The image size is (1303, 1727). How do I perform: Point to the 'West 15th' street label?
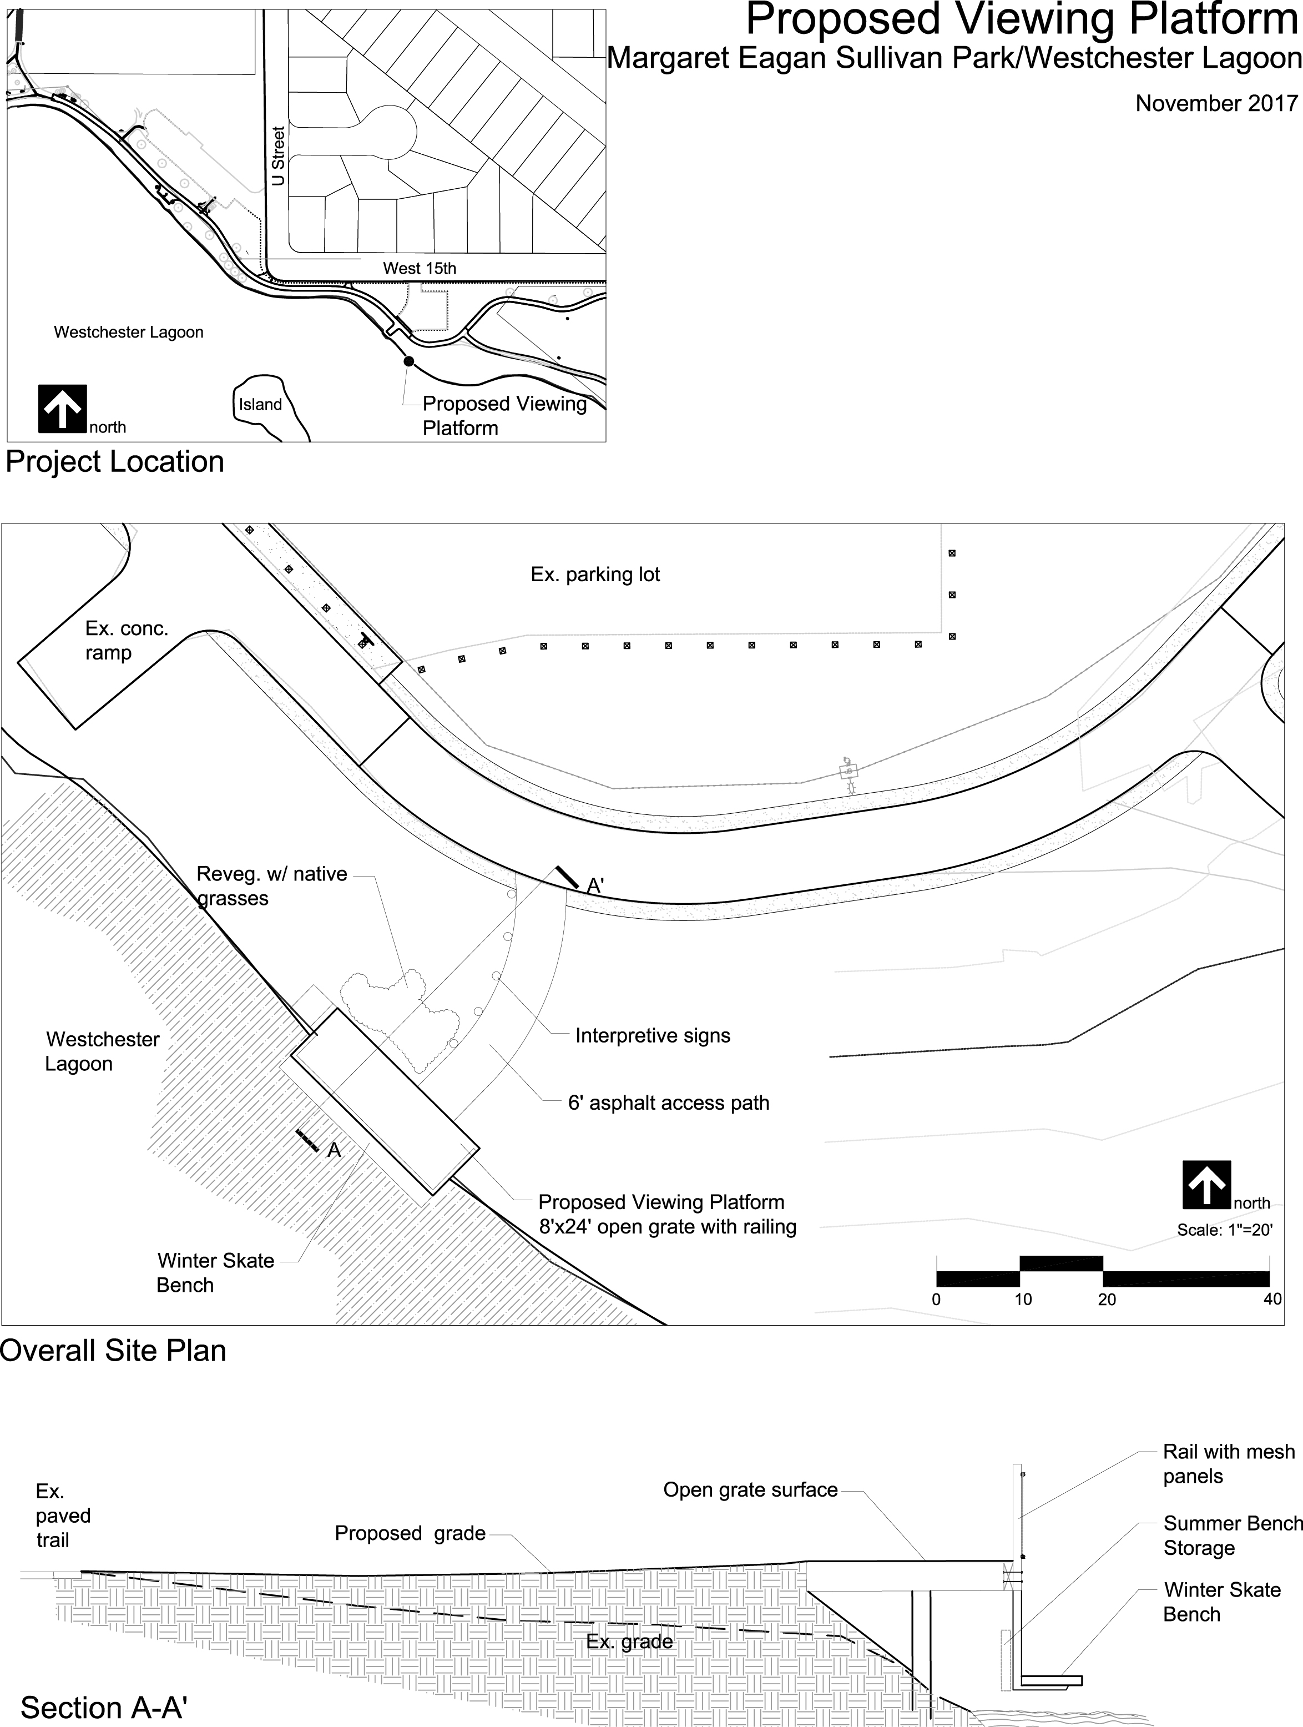tap(419, 268)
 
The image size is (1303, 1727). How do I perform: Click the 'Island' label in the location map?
tap(260, 405)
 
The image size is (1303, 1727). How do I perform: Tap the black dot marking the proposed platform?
tap(408, 361)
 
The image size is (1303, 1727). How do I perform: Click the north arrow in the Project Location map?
tap(63, 409)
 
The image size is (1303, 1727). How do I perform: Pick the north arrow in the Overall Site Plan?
tap(1207, 1185)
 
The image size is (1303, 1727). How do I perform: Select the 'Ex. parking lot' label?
tap(595, 575)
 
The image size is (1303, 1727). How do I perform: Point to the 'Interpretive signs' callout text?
tap(653, 1035)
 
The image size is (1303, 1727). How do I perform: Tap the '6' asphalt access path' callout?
tap(668, 1102)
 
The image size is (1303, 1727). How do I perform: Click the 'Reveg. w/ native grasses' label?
tap(272, 885)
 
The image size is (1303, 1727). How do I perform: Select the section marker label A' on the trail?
tap(595, 885)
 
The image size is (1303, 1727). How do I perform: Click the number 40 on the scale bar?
tap(1272, 1299)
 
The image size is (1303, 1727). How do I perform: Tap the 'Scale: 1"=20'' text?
tap(1225, 1230)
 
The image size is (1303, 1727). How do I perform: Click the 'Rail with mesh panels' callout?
tap(1229, 1464)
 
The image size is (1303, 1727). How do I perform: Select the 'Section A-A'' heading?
tap(104, 1708)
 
